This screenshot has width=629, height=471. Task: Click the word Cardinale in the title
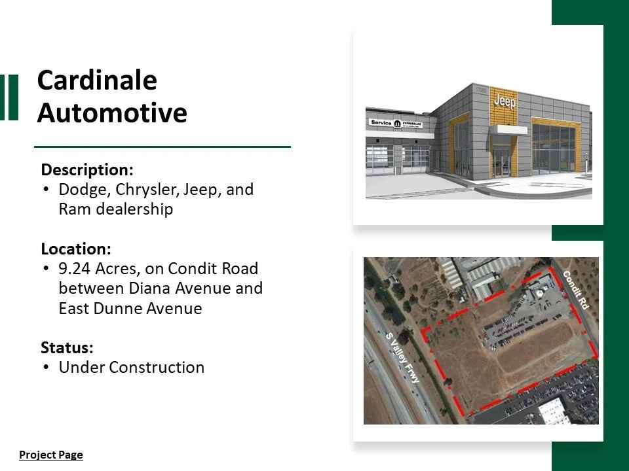point(97,80)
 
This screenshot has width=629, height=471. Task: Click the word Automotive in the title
point(112,113)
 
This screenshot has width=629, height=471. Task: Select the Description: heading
point(87,170)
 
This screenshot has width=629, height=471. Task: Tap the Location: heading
point(76,249)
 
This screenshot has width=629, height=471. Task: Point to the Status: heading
point(67,347)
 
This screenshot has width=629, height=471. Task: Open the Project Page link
point(51,455)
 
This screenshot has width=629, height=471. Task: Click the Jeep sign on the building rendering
point(505,101)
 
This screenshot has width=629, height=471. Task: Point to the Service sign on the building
point(381,122)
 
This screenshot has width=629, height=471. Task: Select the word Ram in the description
point(72,210)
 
